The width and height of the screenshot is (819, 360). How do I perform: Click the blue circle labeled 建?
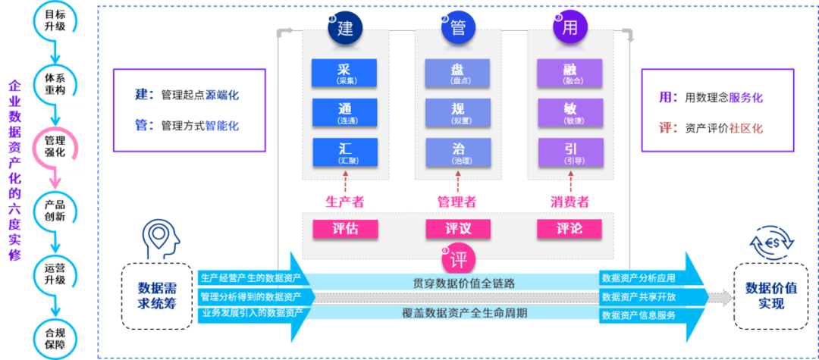(x=345, y=29)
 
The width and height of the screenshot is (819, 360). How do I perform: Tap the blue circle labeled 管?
(x=458, y=29)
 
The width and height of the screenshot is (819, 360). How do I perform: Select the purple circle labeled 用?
(x=570, y=29)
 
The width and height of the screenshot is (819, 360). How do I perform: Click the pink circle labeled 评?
(x=459, y=259)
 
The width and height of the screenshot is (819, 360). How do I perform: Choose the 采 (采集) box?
(x=345, y=74)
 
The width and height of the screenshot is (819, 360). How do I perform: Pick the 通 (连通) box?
(x=345, y=113)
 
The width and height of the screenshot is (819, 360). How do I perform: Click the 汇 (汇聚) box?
(x=345, y=152)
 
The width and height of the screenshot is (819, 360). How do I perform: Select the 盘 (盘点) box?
(x=458, y=74)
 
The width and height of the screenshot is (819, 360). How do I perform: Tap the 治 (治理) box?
(x=458, y=152)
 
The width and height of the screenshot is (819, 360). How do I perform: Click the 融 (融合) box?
(x=570, y=74)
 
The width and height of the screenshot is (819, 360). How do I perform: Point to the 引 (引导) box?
(x=570, y=152)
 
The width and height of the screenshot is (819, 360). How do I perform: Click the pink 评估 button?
(x=345, y=229)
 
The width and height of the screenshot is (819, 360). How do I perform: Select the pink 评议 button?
(x=458, y=229)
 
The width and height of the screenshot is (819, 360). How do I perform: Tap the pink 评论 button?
(x=570, y=229)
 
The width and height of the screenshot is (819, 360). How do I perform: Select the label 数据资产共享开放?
(x=638, y=296)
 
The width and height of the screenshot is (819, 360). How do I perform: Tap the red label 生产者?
(x=345, y=202)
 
